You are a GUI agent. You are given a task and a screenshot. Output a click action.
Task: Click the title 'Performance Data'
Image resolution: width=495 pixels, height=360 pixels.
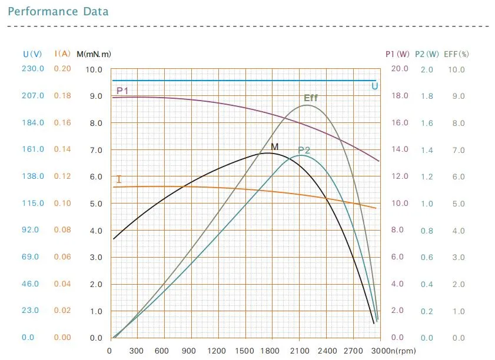click(x=58, y=12)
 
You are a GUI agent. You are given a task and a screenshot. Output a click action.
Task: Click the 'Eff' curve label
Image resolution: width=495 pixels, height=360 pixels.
click(x=310, y=98)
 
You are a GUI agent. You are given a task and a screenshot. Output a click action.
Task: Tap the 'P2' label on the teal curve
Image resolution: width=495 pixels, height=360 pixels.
click(x=304, y=150)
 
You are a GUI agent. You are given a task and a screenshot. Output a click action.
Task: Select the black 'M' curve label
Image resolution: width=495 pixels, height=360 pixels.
click(x=274, y=146)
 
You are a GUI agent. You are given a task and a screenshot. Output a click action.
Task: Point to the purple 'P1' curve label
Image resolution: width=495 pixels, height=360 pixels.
click(x=122, y=91)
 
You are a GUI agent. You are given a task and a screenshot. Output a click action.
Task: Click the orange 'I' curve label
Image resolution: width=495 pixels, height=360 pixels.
click(x=119, y=179)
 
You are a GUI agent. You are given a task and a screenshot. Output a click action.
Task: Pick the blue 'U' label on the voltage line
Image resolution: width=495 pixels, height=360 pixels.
click(x=374, y=86)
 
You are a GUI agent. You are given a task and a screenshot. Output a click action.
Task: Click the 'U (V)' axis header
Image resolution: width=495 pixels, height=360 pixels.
click(x=32, y=54)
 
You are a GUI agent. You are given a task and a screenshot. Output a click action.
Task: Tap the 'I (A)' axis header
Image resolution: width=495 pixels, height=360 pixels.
click(x=62, y=54)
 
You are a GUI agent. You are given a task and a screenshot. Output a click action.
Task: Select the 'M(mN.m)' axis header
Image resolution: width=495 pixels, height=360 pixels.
click(x=94, y=54)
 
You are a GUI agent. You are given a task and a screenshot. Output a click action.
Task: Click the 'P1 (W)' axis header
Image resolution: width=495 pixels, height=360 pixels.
click(x=398, y=54)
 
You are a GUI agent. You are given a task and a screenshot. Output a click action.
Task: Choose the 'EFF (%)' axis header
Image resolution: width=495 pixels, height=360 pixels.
click(x=457, y=54)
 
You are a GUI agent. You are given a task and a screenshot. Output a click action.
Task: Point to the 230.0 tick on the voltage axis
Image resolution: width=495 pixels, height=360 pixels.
click(x=33, y=69)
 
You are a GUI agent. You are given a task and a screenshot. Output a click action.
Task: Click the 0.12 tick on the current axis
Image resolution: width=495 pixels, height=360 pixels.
click(x=62, y=176)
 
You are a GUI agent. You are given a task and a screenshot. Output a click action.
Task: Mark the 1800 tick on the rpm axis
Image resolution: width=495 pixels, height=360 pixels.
click(x=272, y=351)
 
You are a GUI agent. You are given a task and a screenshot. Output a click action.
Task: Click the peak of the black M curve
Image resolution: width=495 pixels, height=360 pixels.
click(x=268, y=153)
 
